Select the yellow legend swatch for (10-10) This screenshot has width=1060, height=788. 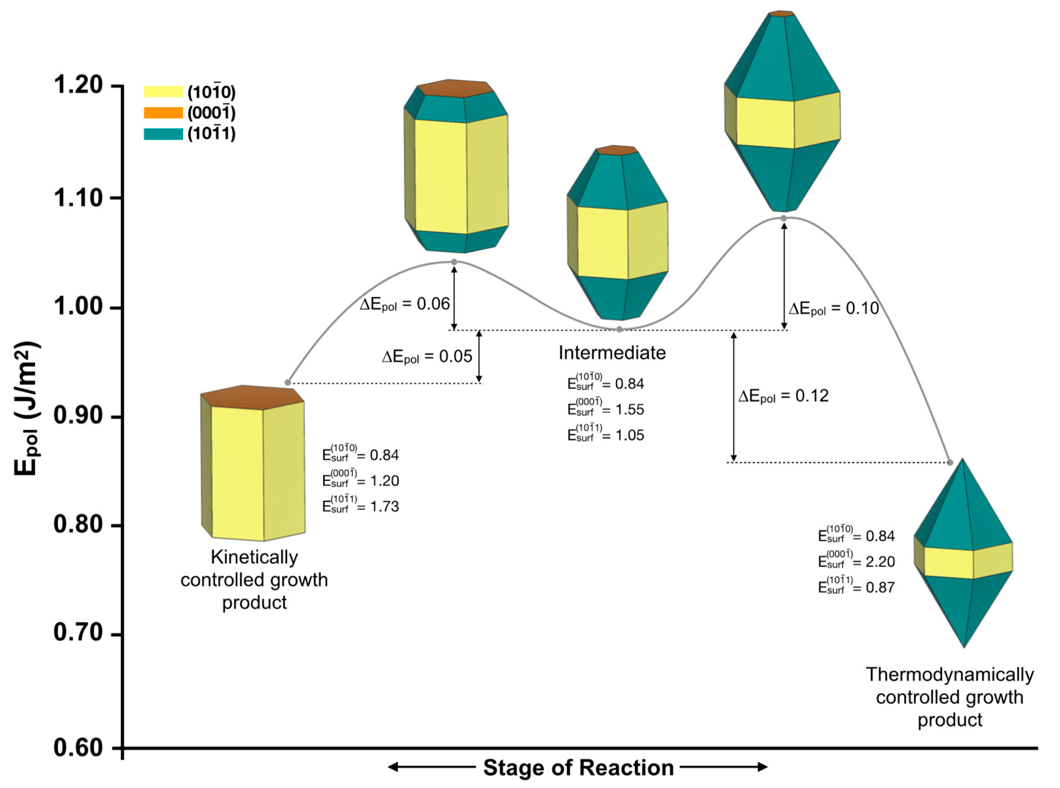[163, 92]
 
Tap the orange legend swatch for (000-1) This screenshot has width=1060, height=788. [163, 113]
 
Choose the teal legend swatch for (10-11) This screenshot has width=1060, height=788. [163, 134]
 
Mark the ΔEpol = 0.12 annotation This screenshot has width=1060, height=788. [783, 396]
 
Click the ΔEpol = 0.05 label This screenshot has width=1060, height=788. [427, 357]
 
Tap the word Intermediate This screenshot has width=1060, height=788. [612, 353]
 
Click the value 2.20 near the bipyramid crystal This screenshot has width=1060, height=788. [880, 562]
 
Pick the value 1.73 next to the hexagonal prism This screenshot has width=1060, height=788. [384, 506]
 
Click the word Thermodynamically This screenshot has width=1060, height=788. [949, 674]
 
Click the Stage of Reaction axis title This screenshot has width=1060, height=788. [578, 767]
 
